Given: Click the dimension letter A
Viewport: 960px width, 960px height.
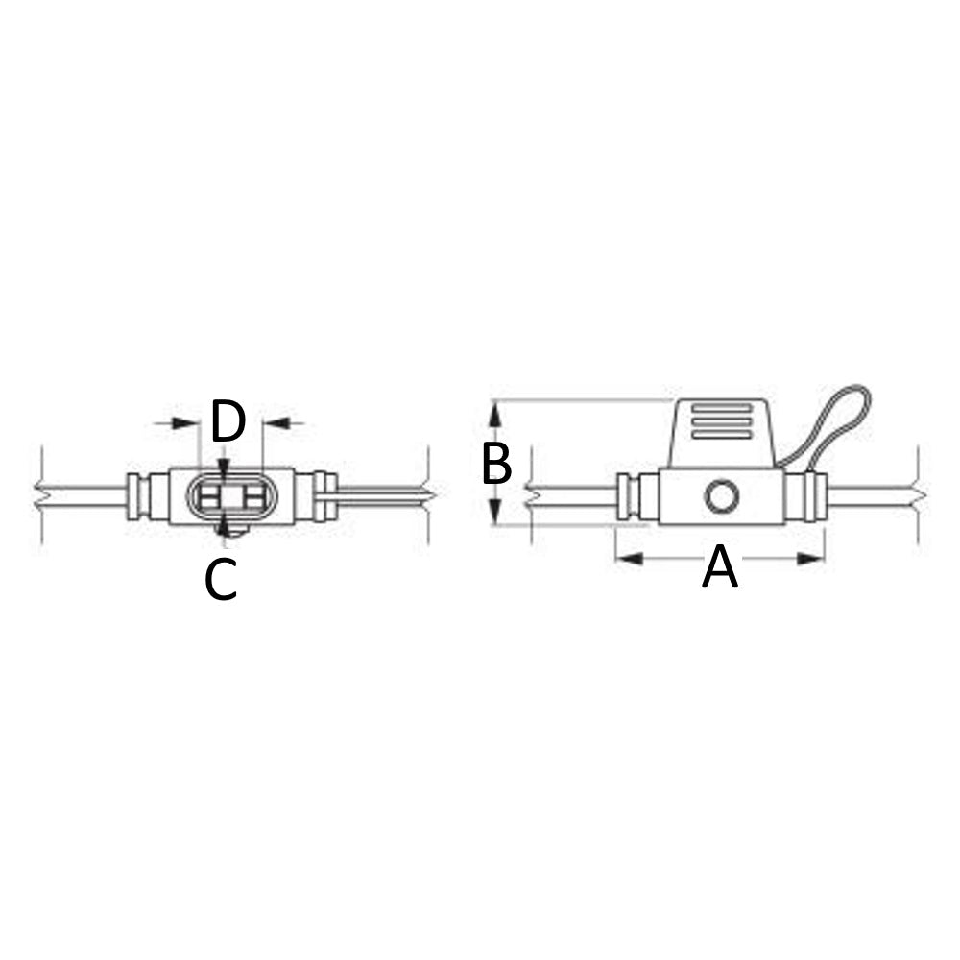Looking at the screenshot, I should pyautogui.click(x=720, y=567).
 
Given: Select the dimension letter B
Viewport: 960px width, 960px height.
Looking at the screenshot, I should pyautogui.click(x=496, y=464).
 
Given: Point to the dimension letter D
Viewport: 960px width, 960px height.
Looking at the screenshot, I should pyautogui.click(x=228, y=422).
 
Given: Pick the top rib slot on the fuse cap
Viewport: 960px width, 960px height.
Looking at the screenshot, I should pyautogui.click(x=721, y=408).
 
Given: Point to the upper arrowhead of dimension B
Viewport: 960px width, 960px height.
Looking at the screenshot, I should pyautogui.click(x=495, y=414).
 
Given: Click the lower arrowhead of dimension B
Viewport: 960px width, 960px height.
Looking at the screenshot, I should pyautogui.click(x=495, y=514).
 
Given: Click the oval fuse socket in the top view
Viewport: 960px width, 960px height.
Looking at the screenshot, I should pyautogui.click(x=228, y=496).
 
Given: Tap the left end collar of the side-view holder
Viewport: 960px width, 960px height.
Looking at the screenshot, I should pyautogui.click(x=628, y=496).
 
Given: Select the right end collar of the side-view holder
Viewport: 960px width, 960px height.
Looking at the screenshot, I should pyautogui.click(x=816, y=496).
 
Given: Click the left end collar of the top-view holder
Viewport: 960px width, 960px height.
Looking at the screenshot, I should pyautogui.click(x=136, y=496).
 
